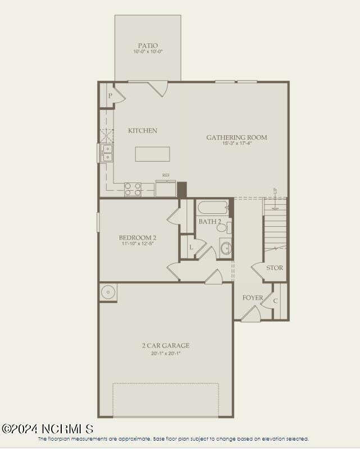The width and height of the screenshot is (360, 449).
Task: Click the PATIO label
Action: click(x=148, y=45)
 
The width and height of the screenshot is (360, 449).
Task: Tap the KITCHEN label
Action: click(x=143, y=131)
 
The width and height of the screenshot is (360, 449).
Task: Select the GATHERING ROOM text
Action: click(x=236, y=138)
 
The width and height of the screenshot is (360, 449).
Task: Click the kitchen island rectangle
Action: click(x=152, y=154)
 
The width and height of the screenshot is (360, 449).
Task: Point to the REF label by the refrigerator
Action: click(x=166, y=176)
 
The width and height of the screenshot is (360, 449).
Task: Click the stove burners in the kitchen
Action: click(x=133, y=189)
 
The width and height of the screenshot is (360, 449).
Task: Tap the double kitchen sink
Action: click(x=107, y=153)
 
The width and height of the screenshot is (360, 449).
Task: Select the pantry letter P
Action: click(x=110, y=96)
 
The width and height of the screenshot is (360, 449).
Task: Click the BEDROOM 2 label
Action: click(x=137, y=237)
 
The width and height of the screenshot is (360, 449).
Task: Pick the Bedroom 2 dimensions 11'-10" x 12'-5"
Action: click(x=137, y=244)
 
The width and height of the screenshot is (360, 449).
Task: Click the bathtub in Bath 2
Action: click(x=213, y=208)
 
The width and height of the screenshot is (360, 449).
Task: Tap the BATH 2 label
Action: click(x=209, y=222)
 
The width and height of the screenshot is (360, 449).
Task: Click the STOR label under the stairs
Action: click(x=275, y=268)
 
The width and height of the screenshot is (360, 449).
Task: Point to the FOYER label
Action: click(x=253, y=297)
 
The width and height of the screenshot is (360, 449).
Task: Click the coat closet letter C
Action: click(x=275, y=301)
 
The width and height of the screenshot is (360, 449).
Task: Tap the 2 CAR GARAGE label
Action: click(x=165, y=346)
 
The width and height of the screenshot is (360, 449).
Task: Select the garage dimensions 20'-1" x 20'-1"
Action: click(x=165, y=353)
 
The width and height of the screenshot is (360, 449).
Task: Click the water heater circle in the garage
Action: click(x=108, y=291)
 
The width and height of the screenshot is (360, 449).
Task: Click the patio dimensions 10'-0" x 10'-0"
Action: click(x=148, y=52)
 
